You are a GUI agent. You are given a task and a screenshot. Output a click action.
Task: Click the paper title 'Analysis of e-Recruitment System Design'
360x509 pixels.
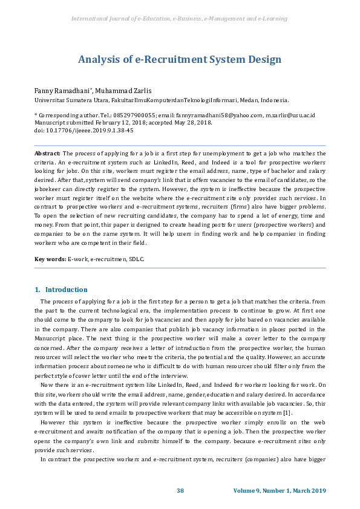(x=180, y=59)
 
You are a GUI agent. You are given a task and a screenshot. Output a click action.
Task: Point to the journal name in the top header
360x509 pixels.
(x=180, y=19)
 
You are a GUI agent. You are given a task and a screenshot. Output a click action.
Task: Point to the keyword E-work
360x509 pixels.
(x=77, y=259)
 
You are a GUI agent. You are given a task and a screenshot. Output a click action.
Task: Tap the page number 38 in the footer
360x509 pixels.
(x=180, y=490)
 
